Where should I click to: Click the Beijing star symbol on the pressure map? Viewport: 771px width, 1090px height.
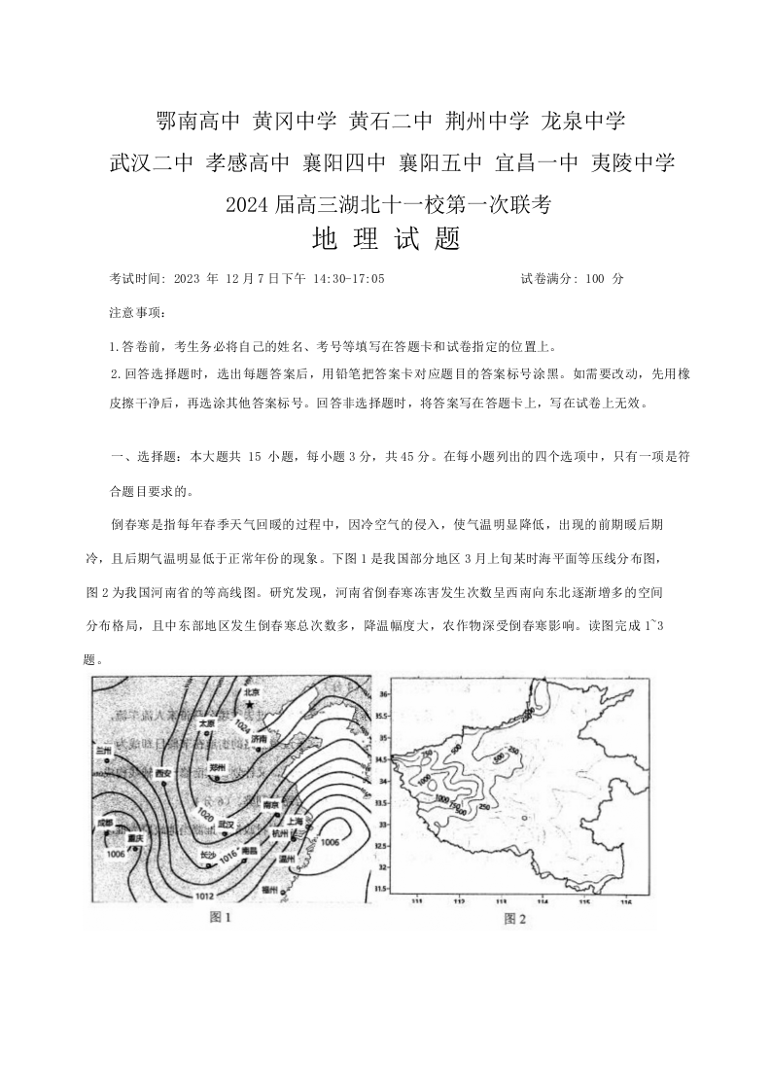coord(250,703)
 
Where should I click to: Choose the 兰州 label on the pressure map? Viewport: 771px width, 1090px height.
coord(103,751)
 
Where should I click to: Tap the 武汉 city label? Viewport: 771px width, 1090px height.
coord(227,823)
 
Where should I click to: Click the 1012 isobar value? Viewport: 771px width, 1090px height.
coord(204,895)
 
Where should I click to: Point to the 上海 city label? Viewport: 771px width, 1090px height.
coord(296,821)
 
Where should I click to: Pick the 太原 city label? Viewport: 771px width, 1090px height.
coord(206,723)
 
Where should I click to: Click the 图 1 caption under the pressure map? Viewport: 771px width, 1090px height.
coord(223,916)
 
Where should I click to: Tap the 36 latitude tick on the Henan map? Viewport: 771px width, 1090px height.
coord(382,694)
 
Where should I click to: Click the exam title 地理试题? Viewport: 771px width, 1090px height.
coord(385,239)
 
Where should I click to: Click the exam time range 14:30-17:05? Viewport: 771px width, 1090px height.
coord(348,278)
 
